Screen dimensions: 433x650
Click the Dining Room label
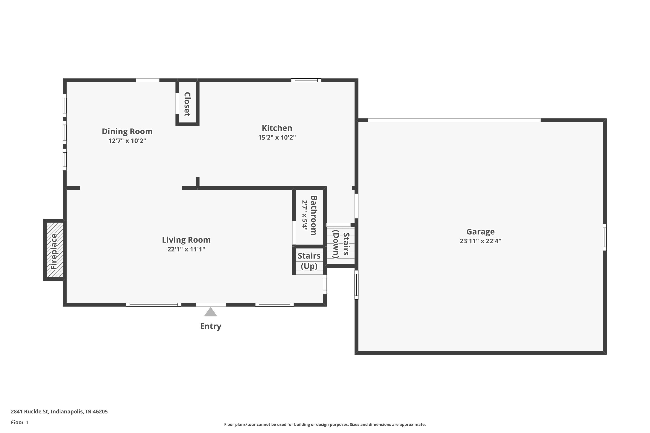[x=127, y=131]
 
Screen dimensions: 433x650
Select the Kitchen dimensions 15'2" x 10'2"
[x=277, y=137]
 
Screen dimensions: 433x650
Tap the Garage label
[x=480, y=232]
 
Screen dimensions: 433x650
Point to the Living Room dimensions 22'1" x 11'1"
[x=186, y=249]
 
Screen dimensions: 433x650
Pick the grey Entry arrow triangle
[x=211, y=312]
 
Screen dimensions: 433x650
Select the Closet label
[x=187, y=104]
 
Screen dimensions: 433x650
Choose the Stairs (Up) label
[x=309, y=261]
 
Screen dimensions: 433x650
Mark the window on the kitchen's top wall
[x=306, y=80]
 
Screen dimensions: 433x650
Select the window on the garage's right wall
[x=604, y=238]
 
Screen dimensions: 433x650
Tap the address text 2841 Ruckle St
[x=59, y=412]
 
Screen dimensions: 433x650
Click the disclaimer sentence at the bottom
[x=325, y=424]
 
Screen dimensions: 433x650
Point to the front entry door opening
[x=211, y=305]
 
